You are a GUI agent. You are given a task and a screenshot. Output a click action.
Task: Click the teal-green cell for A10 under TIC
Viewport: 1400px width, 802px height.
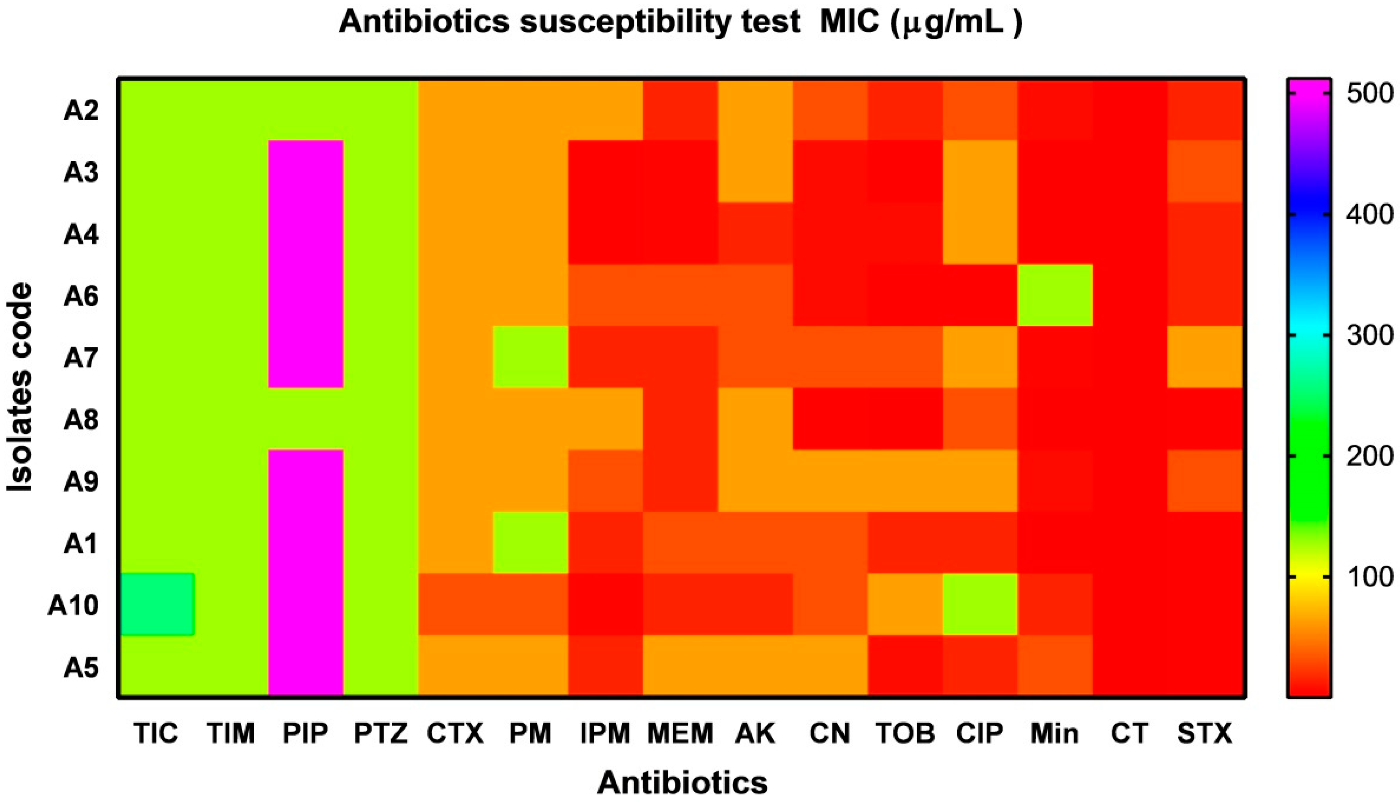[157, 604]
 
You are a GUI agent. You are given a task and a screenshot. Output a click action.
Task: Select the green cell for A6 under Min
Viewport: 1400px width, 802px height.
[1054, 295]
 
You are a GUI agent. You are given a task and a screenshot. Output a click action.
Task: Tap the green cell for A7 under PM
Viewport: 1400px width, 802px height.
[530, 357]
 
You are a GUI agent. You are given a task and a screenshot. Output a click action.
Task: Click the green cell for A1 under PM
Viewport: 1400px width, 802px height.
[530, 542]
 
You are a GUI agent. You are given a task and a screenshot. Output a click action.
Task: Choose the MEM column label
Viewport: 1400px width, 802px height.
[680, 733]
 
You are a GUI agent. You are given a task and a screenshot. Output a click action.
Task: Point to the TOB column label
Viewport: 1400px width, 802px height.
[905, 733]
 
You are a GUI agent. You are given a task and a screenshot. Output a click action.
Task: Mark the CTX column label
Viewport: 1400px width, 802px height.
[455, 733]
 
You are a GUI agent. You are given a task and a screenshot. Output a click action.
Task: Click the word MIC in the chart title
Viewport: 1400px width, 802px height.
[850, 23]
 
